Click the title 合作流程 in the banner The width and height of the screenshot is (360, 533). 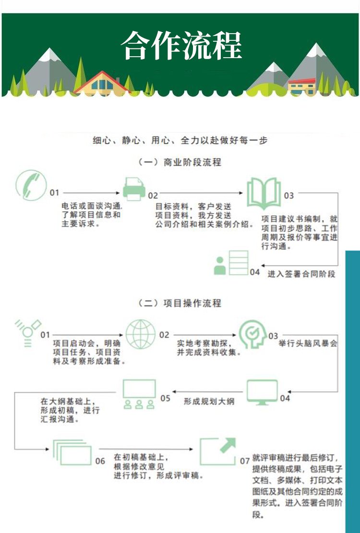click(x=181, y=45)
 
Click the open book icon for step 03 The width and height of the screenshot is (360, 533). click(x=264, y=192)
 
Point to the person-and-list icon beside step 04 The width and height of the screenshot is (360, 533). click(x=231, y=263)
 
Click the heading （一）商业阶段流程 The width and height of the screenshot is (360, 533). click(x=180, y=162)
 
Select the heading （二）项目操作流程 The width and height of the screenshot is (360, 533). click(x=180, y=303)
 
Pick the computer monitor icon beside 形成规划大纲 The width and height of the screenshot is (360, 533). click(x=263, y=392)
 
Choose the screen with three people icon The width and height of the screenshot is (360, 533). click(x=140, y=394)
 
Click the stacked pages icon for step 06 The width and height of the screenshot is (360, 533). click(x=72, y=452)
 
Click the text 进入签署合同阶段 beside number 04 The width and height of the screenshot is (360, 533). click(x=301, y=274)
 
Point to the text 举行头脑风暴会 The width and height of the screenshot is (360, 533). click(x=308, y=344)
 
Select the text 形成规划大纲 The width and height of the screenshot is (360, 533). click(x=209, y=401)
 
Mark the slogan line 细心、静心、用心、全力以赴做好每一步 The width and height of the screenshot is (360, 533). click(x=180, y=141)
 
